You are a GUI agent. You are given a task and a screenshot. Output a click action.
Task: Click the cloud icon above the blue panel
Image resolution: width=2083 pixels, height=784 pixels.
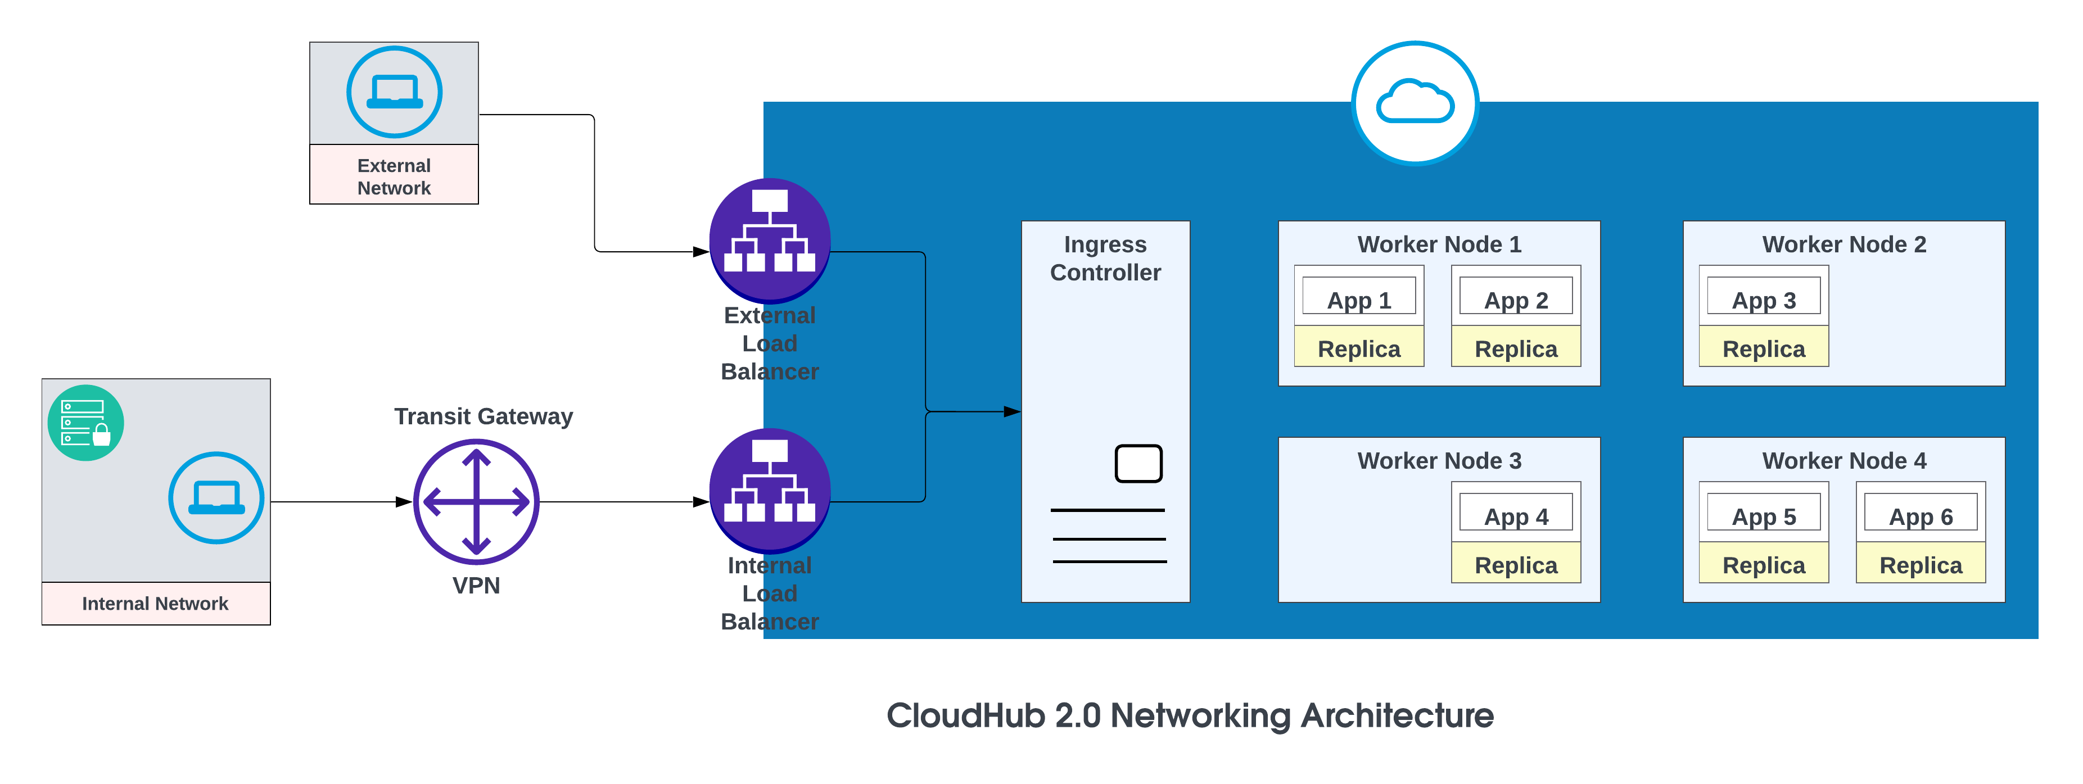1415,103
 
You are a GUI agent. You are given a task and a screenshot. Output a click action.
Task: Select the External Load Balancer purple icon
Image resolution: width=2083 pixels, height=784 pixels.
769,239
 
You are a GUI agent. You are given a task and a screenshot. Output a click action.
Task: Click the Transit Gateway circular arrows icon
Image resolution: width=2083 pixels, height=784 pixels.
476,501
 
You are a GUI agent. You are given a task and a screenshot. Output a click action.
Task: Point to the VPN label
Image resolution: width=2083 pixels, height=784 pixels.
476,585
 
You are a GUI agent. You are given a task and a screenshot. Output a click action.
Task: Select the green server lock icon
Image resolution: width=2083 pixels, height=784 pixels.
85,423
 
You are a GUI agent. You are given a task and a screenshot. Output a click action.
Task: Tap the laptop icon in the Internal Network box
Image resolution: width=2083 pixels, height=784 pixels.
216,498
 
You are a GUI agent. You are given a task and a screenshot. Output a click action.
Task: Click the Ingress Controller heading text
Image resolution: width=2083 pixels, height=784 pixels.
1105,258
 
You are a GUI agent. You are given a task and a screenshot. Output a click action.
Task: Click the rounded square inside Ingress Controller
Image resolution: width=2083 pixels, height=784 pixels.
1138,463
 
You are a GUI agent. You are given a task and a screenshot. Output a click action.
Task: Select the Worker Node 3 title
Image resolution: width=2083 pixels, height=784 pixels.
1439,461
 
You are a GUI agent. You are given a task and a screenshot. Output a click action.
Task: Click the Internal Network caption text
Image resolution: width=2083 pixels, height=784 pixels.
155,604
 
